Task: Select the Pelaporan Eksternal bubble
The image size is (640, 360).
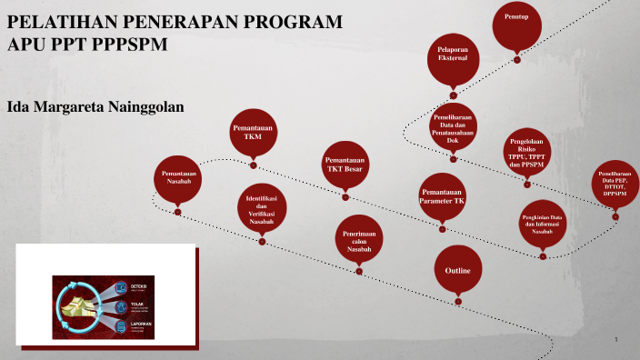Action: (453, 56)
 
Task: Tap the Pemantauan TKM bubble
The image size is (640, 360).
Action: (254, 134)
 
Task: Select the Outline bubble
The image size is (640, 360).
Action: (457, 271)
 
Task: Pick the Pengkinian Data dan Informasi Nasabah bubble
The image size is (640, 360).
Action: (543, 224)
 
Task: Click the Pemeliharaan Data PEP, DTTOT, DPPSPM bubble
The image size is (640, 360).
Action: (615, 182)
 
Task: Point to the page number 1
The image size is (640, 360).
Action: (616, 340)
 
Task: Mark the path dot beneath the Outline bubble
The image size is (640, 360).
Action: (458, 301)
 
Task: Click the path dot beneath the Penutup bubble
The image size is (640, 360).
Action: (517, 60)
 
